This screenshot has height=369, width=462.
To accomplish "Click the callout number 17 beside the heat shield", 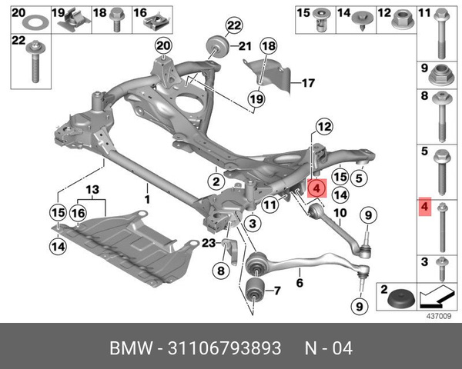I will [308, 83].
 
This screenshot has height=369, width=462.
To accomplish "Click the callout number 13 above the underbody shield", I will [92, 190].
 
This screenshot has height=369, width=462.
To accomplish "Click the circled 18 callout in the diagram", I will [267, 48].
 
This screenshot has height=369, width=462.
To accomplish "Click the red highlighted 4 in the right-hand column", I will [423, 208].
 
